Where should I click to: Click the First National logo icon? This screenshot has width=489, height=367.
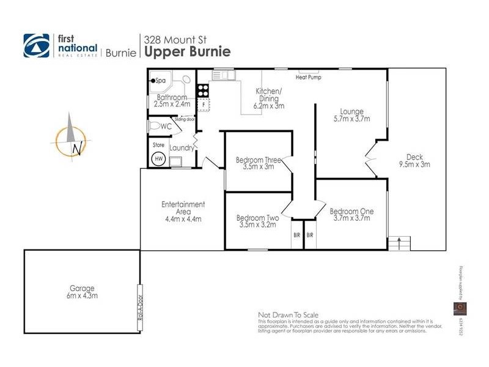coord(36,45)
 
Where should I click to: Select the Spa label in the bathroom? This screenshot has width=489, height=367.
coord(161,81)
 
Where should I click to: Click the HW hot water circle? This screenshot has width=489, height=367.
coord(158,158)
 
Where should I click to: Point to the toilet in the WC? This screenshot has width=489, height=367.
coord(161,125)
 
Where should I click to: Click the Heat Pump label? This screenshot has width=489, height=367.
coord(308,78)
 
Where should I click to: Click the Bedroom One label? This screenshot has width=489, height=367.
coord(351,212)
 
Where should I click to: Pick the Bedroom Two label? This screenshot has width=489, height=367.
coord(257,218)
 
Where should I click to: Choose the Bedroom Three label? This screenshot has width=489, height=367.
coord(259,161)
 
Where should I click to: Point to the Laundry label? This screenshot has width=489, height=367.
coord(182,148)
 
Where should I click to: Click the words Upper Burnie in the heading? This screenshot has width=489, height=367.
coord(187,51)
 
